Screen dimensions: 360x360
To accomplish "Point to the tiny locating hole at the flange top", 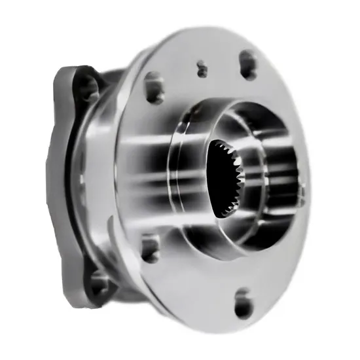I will (202, 67).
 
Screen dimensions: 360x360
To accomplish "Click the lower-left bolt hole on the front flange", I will (150, 248).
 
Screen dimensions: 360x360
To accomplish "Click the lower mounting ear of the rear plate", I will (98, 281).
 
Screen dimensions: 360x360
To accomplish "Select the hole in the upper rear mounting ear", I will (84, 84).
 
